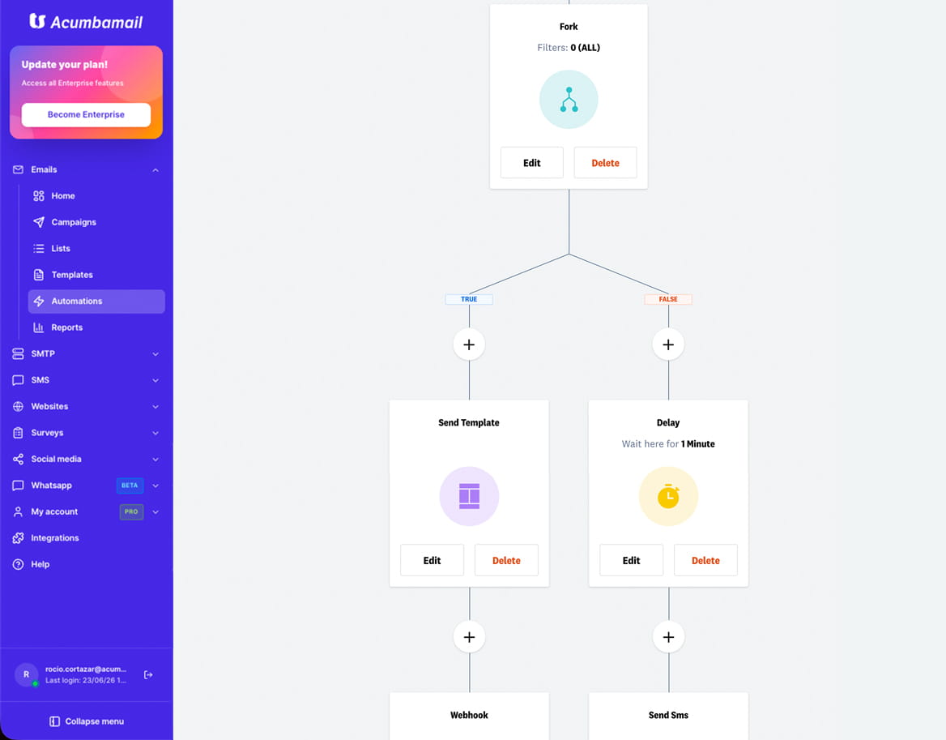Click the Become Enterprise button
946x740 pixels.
pos(86,114)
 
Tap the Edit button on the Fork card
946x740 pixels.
pos(531,163)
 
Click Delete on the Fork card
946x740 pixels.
pos(605,163)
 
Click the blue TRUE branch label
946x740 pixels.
pos(469,299)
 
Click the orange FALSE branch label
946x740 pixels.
pos(668,299)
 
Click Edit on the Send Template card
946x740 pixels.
pos(432,560)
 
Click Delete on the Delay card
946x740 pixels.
pos(705,560)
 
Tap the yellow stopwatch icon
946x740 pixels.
pos(668,496)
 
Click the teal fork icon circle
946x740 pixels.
pos(569,100)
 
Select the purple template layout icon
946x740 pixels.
pos(469,496)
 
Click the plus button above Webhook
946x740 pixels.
pos(469,637)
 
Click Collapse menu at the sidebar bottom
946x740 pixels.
pos(87,721)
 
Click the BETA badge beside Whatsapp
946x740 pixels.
pos(130,485)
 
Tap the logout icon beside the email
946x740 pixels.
pos(147,675)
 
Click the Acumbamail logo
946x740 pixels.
pos(86,22)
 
